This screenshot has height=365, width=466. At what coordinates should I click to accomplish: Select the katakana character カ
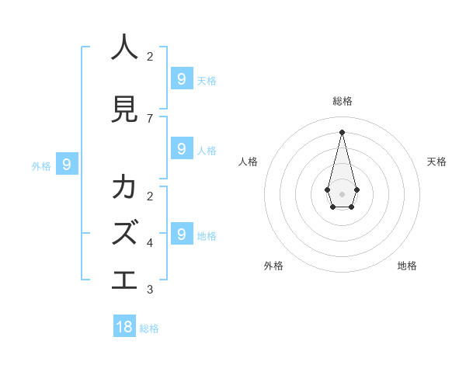tap(124, 187)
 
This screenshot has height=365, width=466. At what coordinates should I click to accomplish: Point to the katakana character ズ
tap(125, 232)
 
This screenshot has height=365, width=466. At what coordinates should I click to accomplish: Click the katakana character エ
tap(124, 279)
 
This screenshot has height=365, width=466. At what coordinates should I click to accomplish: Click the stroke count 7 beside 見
tap(150, 119)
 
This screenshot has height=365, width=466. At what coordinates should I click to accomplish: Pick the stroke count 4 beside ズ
tap(150, 243)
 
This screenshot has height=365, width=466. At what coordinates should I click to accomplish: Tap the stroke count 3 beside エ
tap(150, 290)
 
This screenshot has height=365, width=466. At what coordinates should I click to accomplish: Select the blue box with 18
tap(124, 327)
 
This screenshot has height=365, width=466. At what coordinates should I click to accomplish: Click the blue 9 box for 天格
tap(181, 78)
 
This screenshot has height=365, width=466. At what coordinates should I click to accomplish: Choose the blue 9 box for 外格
tap(67, 164)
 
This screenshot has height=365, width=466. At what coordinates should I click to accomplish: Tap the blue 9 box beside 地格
tap(181, 234)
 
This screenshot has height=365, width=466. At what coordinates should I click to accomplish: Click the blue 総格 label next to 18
tap(149, 328)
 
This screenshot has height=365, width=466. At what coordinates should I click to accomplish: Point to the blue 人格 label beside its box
tap(207, 150)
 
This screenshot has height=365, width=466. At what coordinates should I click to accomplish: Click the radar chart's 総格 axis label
tap(343, 101)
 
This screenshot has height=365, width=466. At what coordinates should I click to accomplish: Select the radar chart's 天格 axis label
tap(436, 162)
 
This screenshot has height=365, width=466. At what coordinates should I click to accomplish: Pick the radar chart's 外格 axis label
tap(273, 266)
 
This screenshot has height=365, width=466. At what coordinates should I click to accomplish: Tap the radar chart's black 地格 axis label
tap(407, 266)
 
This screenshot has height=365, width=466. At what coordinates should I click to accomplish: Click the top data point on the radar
tap(342, 132)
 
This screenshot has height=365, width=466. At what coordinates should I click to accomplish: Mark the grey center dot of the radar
tap(342, 193)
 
